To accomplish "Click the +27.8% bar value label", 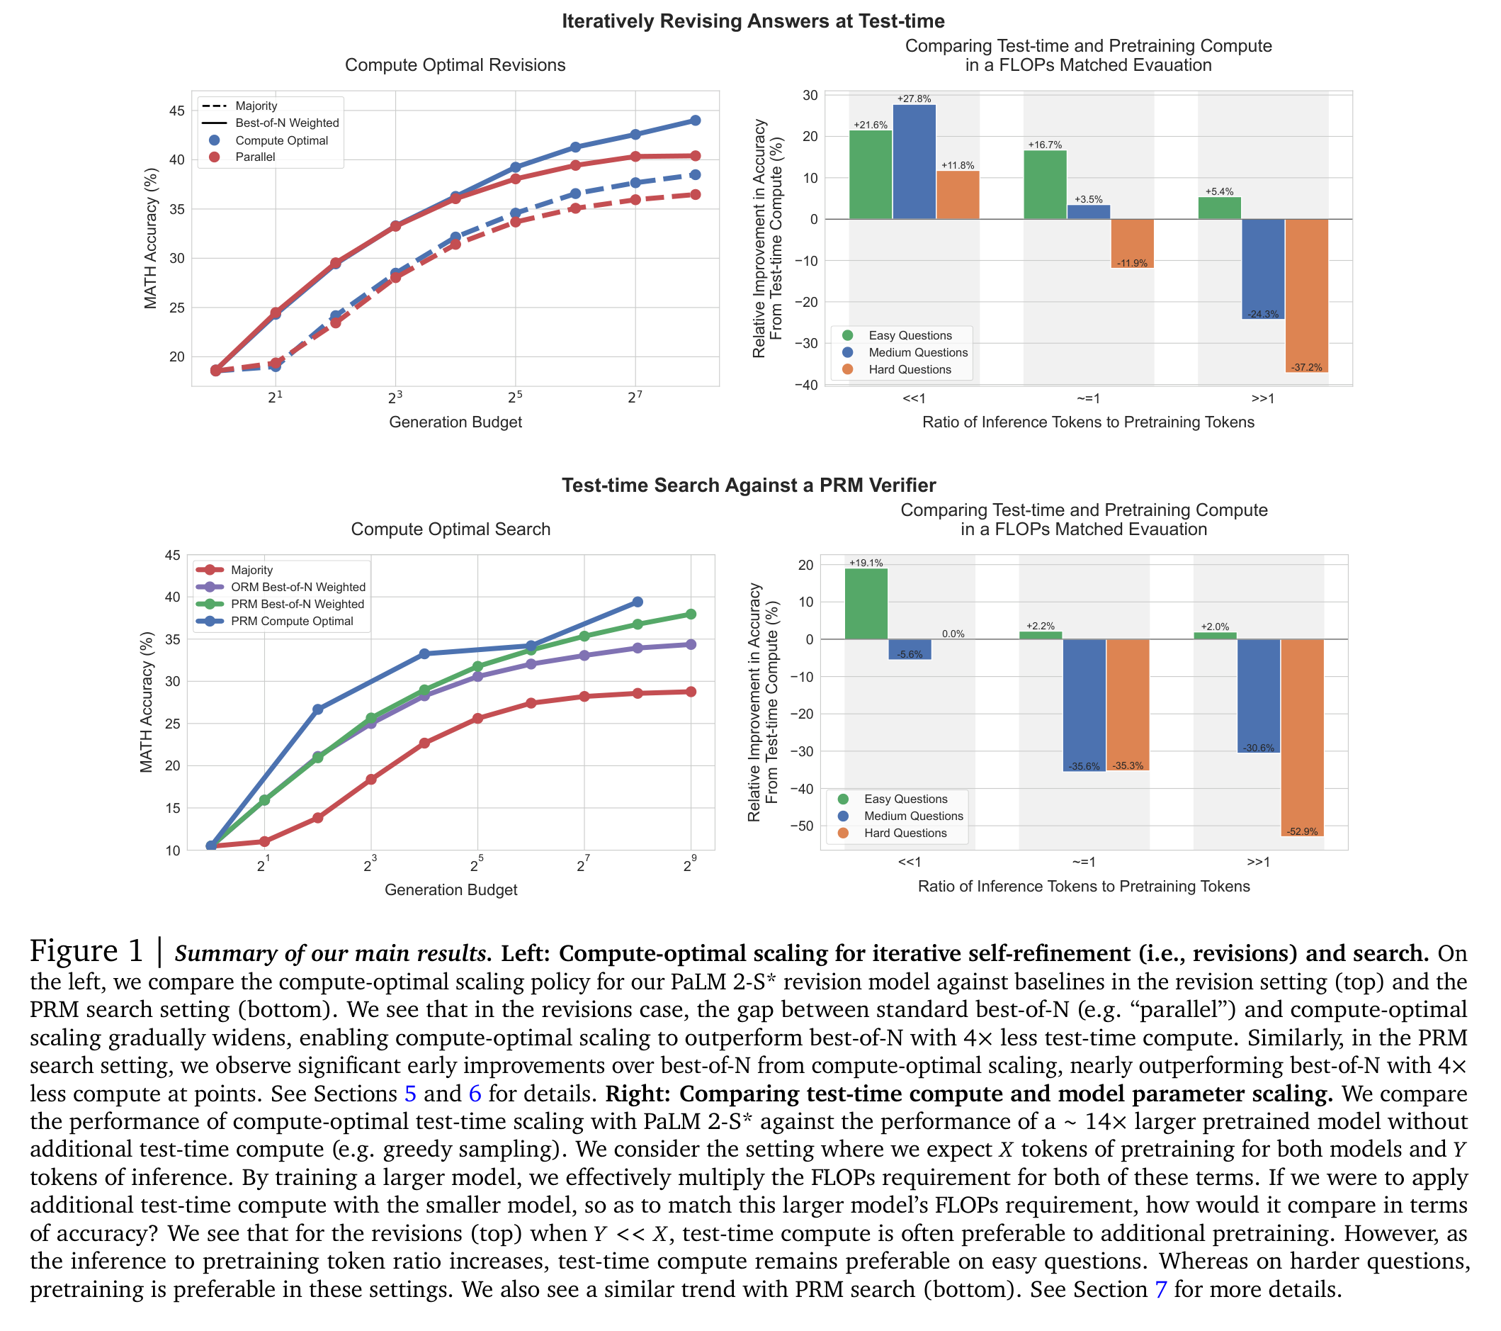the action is [x=914, y=99].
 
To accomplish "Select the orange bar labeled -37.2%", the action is [x=1306, y=296].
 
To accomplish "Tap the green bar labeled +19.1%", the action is [x=866, y=604].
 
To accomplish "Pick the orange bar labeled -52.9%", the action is [x=1302, y=738].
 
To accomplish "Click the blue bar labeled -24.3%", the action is [x=1263, y=269].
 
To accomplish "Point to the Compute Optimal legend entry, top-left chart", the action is [x=268, y=140].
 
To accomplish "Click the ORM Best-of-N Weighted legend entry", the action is [x=281, y=587].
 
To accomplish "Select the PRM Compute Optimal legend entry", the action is [x=276, y=621].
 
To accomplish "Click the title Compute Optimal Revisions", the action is [x=455, y=65].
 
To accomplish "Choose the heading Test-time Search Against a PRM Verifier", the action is [x=749, y=485].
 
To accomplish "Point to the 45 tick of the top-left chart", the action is [x=177, y=111].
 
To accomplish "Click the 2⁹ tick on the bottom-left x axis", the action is [x=689, y=865].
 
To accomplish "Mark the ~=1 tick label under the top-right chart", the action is [x=1088, y=399].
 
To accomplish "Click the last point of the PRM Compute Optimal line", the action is [x=638, y=602].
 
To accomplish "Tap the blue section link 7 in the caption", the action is [x=1161, y=1289].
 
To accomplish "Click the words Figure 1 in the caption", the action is [x=86, y=951].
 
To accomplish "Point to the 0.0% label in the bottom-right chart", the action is [x=953, y=633].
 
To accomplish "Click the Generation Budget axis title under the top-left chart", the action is [x=455, y=422].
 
